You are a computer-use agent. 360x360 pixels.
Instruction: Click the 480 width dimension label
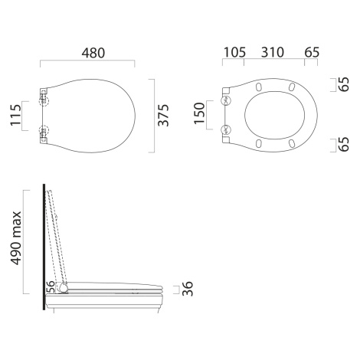click(x=93, y=53)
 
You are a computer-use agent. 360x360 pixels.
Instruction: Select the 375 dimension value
click(x=163, y=116)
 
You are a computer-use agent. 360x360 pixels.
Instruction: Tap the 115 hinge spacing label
click(x=15, y=115)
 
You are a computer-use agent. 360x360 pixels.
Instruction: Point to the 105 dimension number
click(x=234, y=52)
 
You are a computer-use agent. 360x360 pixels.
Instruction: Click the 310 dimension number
click(x=273, y=52)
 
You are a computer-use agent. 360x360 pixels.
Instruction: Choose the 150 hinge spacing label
click(x=199, y=113)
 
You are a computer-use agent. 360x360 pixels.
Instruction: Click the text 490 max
click(x=15, y=238)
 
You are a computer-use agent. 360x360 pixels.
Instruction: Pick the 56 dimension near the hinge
click(x=51, y=286)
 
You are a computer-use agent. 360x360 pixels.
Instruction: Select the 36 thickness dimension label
click(x=188, y=289)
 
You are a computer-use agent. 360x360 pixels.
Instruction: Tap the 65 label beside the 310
click(x=312, y=52)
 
